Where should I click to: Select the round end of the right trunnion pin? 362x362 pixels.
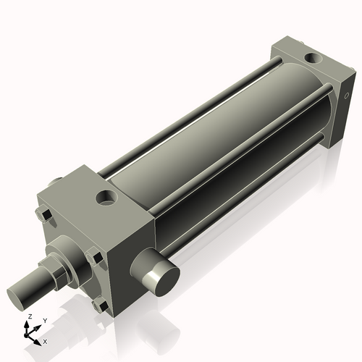click(x=161, y=277)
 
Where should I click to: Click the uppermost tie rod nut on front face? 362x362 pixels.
click(x=41, y=215)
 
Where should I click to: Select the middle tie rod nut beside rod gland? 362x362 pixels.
click(x=92, y=256)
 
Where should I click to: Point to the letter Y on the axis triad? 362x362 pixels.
click(x=43, y=320)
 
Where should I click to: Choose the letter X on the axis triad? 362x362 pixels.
click(x=46, y=340)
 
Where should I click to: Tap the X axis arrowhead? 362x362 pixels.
click(x=39, y=338)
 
